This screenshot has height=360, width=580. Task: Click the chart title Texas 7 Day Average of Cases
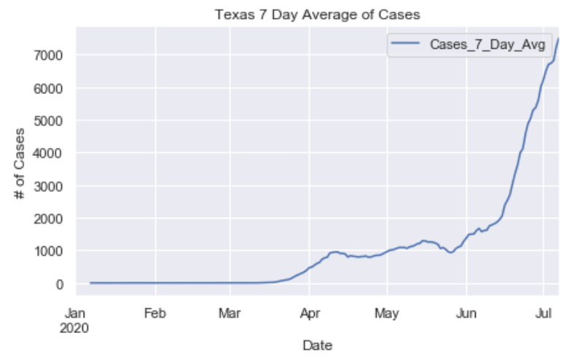point(317,14)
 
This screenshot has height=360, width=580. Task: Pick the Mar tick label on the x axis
point(230,315)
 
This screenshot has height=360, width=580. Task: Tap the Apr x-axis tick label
point(309,315)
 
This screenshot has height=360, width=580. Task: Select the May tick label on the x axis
point(387,315)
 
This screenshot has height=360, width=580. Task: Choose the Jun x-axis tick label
point(466,315)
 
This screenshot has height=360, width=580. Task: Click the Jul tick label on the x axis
point(543,315)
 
